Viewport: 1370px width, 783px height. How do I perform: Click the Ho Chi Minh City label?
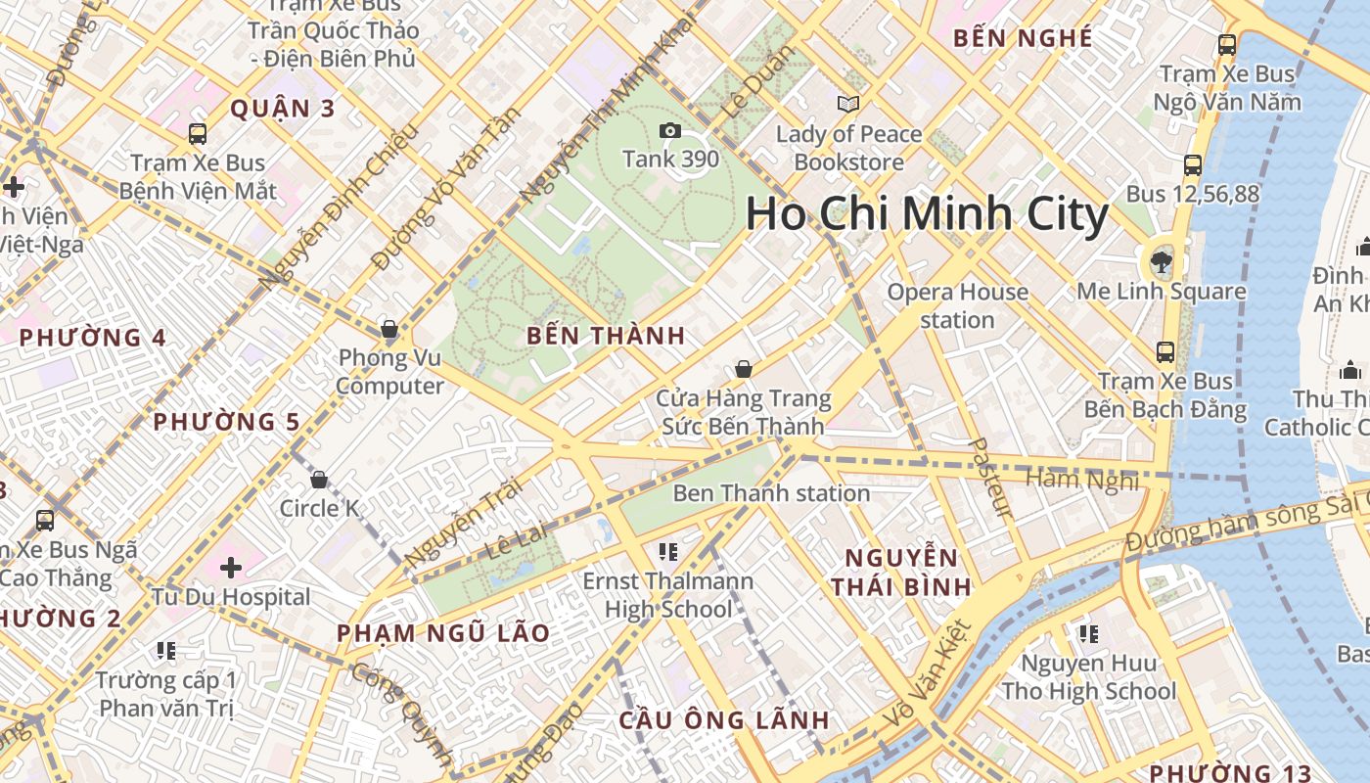[x=927, y=214]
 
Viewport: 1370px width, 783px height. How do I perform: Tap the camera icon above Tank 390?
[x=670, y=131]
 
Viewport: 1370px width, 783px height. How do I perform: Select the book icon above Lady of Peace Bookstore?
[x=847, y=104]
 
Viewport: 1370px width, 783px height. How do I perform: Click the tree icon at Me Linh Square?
[x=1162, y=261]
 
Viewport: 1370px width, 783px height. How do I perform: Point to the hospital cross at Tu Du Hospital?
[x=231, y=568]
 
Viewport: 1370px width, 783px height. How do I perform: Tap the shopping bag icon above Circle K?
[x=318, y=480]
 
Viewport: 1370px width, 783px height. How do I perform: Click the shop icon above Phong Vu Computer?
[x=389, y=329]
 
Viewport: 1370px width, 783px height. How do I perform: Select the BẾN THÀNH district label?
[x=606, y=336]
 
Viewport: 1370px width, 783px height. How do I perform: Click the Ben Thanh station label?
[x=771, y=493]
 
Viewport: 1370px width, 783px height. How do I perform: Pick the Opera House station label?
[x=957, y=305]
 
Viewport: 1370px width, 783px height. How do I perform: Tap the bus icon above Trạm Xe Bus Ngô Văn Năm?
[x=1226, y=45]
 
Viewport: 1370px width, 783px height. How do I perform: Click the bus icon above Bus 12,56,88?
[x=1192, y=165]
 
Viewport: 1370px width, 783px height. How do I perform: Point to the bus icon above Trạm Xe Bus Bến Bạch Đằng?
[x=1164, y=352]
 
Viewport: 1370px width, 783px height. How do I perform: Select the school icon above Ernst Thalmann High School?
[x=668, y=552]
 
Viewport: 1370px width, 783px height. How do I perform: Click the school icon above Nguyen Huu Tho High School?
[x=1088, y=634]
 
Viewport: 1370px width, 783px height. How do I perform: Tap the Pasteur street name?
[x=989, y=478]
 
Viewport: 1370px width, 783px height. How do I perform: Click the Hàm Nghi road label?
[x=1082, y=480]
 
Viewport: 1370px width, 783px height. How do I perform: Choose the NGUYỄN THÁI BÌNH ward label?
[x=900, y=573]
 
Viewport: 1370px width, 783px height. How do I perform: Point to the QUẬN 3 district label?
[x=282, y=109]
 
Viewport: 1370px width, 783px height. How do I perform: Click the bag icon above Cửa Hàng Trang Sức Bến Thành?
[x=744, y=369]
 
